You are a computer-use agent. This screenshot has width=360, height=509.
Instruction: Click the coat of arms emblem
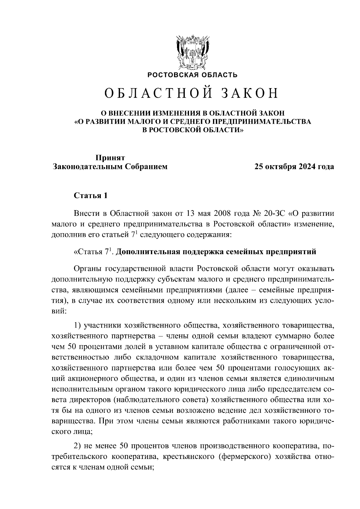[x=192, y=53]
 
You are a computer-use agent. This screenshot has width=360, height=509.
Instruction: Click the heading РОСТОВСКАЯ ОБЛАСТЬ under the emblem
[x=192, y=75]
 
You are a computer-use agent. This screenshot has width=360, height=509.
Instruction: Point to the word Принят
[x=110, y=158]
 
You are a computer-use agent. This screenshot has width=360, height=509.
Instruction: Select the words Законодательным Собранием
[x=110, y=167]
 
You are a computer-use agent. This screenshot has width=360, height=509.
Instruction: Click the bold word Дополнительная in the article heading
[x=147, y=252]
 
